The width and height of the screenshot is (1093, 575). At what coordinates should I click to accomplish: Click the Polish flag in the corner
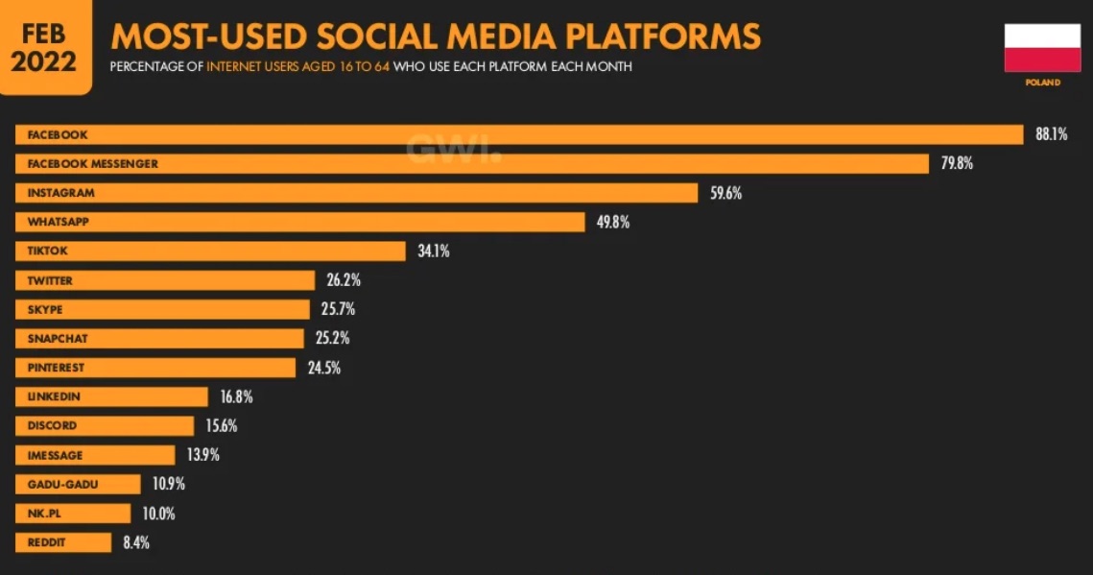tap(1042, 48)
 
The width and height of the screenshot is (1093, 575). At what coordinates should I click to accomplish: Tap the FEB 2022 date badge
tap(44, 45)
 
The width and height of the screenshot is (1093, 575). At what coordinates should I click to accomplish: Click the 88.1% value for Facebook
tap(1052, 134)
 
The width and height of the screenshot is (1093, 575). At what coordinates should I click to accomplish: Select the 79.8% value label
tap(957, 163)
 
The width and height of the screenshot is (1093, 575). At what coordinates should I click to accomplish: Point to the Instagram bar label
tap(60, 193)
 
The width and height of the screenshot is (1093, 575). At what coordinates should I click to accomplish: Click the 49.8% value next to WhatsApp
tap(613, 222)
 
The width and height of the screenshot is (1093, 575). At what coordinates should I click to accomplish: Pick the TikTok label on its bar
tap(48, 252)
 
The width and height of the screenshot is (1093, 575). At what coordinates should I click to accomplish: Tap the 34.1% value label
tap(433, 252)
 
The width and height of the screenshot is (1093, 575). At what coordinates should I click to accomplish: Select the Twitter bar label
tap(50, 281)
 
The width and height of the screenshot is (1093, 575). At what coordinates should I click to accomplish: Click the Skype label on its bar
tap(45, 310)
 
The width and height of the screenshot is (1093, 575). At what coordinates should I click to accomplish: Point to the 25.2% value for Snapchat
tap(333, 339)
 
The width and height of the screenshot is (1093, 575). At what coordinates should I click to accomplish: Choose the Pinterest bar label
tap(56, 368)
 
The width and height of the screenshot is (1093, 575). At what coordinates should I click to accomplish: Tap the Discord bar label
tap(52, 426)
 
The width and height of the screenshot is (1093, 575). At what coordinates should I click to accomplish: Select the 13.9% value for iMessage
tap(203, 455)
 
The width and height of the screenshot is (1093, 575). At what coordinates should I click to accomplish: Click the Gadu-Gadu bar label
tap(62, 485)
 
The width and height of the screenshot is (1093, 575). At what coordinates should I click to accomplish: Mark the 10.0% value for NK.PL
tap(159, 514)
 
